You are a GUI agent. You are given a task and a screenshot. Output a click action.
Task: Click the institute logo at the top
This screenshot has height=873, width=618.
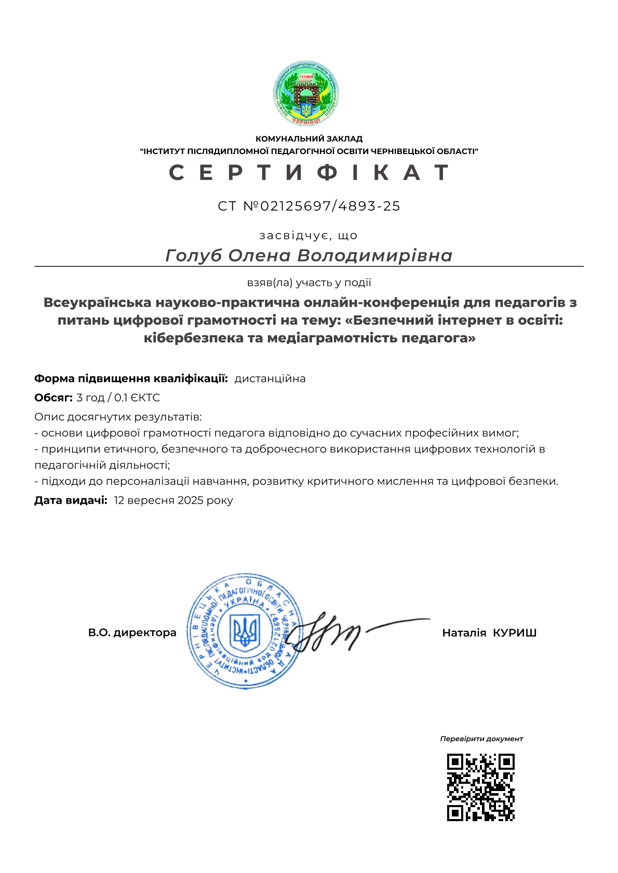[306, 94]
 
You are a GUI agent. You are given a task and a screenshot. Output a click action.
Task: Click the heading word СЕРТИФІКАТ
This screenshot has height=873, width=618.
[309, 172]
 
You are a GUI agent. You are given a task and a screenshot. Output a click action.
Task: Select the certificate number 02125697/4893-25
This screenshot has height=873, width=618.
[330, 206]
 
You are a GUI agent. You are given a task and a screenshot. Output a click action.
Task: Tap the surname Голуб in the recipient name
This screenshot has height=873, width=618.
[194, 256]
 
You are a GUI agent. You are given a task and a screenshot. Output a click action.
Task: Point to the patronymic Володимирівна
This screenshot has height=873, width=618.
[375, 256]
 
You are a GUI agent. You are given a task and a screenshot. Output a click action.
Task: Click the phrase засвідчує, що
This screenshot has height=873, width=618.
[308, 235]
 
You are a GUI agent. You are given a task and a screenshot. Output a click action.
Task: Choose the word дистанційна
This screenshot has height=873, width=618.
[270, 379]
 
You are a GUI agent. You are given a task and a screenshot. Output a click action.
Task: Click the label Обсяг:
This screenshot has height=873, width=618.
[53, 398]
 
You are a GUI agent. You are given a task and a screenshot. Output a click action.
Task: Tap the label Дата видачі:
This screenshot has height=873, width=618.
[71, 501]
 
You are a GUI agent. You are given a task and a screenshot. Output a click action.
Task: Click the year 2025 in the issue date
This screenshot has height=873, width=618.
[191, 501]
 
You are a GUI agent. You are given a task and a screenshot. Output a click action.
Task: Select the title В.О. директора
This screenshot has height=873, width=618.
[132, 633]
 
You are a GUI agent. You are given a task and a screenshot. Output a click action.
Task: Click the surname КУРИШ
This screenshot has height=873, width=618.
[514, 633]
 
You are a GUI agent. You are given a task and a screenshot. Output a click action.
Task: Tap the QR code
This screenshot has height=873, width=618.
[480, 787]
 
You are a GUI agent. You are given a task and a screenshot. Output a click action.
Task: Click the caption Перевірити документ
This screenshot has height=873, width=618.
[481, 739]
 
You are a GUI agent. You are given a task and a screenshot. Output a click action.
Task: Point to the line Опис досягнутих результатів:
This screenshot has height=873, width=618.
[118, 417]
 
